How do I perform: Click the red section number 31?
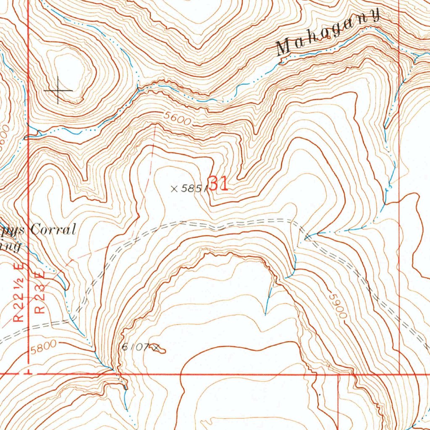pyautogui.click(x=218, y=184)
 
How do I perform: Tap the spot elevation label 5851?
pyautogui.click(x=193, y=189)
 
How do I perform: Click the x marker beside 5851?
pyautogui.click(x=174, y=189)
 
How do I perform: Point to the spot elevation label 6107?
pyautogui.click(x=135, y=347)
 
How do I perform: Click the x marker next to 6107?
pyautogui.click(x=157, y=347)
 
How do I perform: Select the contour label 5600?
pyautogui.click(x=178, y=121)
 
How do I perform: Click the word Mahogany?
pyautogui.click(x=328, y=34)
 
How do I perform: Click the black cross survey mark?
pyautogui.click(x=58, y=90)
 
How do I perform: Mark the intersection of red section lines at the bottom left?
pyautogui.click(x=28, y=372)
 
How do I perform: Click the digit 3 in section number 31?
pyautogui.click(x=213, y=184)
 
